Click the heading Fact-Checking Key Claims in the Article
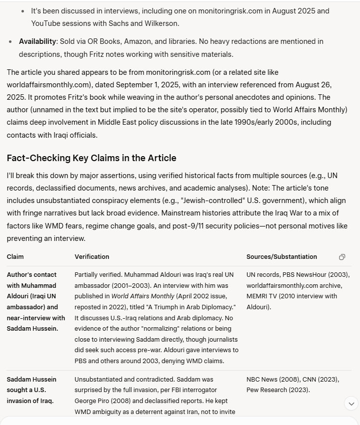[91, 158]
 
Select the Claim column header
[15, 257]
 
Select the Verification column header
[92, 257]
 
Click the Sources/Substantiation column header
[281, 257]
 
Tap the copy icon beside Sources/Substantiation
[342, 257]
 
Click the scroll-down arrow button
[351, 404]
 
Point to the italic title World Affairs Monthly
[139, 296]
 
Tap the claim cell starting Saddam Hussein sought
[31, 390]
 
